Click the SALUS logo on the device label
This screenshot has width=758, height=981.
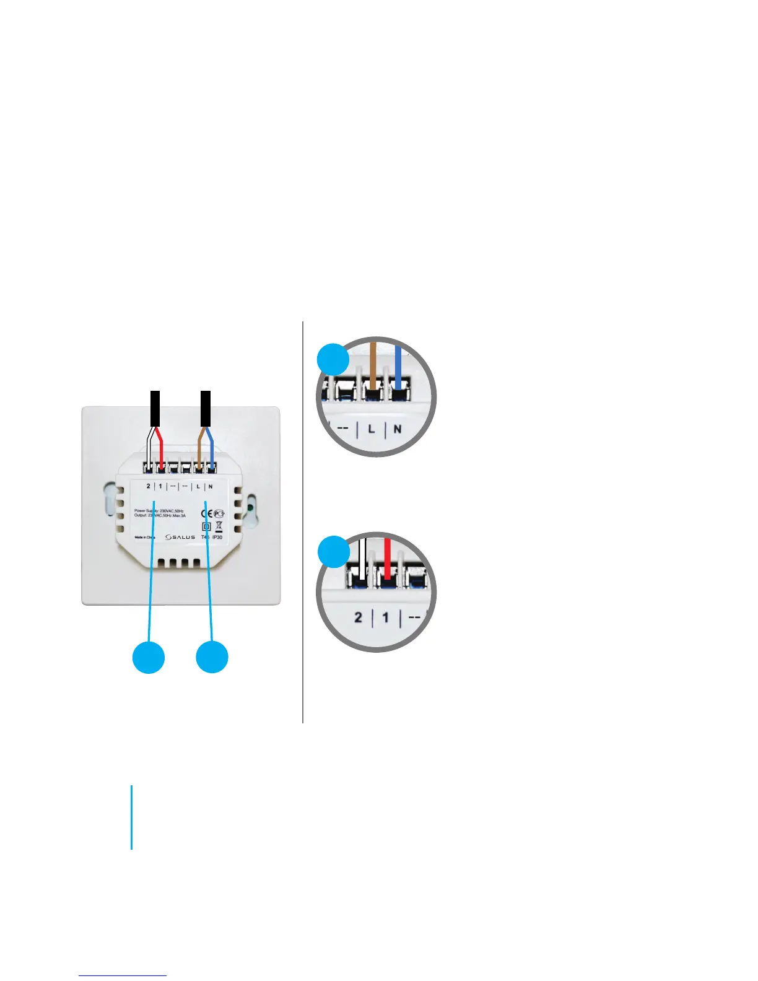pyautogui.click(x=180, y=537)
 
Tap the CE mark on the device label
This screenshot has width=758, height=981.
pyautogui.click(x=207, y=513)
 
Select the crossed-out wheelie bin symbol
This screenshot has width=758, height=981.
pyautogui.click(x=219, y=526)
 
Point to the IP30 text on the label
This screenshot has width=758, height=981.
pyautogui.click(x=217, y=537)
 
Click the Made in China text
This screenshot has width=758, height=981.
pyautogui.click(x=145, y=537)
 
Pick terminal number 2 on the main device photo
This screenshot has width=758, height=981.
pyautogui.click(x=148, y=486)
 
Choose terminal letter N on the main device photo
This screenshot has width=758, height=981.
pyautogui.click(x=211, y=486)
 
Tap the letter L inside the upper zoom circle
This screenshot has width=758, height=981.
pyautogui.click(x=372, y=429)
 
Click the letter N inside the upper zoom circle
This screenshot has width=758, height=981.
pyautogui.click(x=398, y=429)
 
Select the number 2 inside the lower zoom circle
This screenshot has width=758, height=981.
pyautogui.click(x=358, y=617)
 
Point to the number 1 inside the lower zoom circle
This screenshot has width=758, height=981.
pyautogui.click(x=386, y=617)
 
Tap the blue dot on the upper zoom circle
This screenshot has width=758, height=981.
pyautogui.click(x=333, y=359)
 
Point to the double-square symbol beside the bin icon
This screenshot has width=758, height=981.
pyautogui.click(x=207, y=527)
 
